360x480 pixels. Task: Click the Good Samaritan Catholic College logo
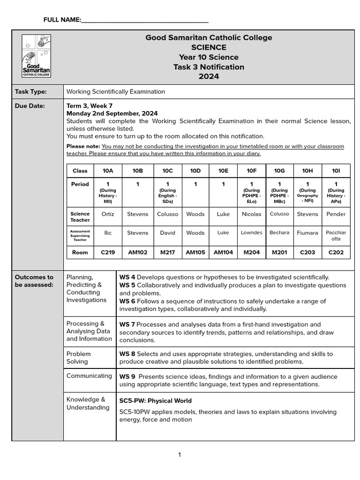click(37, 56)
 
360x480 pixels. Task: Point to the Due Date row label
click(30, 106)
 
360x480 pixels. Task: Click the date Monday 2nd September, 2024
click(112, 113)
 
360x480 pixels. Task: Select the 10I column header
click(336, 171)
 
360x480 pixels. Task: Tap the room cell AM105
click(195, 252)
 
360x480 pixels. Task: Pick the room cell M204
click(251, 252)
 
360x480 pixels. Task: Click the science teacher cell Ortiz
click(108, 214)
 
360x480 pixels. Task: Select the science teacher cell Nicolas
click(251, 214)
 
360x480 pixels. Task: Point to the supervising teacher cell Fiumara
click(307, 233)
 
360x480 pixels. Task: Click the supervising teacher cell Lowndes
click(251, 232)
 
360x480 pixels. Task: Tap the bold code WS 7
click(127, 324)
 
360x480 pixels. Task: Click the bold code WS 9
click(127, 376)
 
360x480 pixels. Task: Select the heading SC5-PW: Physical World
click(155, 401)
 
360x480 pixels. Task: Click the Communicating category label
click(89, 376)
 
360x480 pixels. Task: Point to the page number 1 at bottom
click(180, 455)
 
